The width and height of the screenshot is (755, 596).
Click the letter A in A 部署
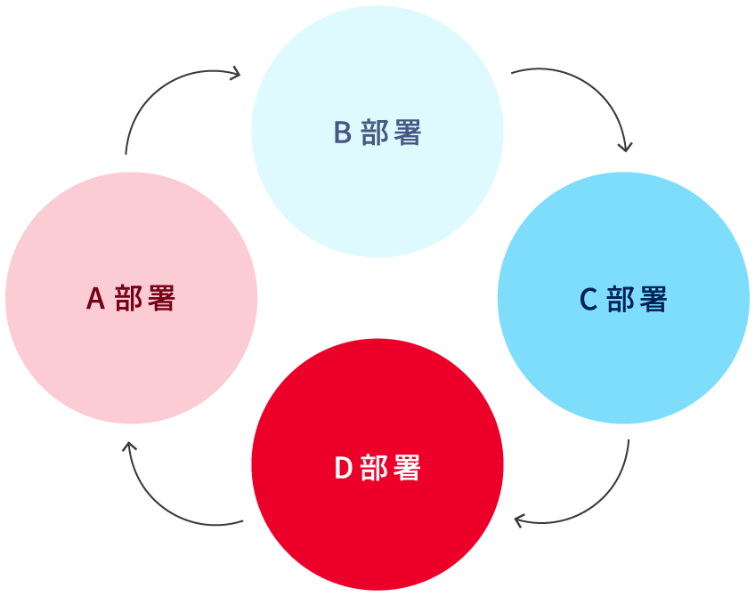pyautogui.click(x=96, y=299)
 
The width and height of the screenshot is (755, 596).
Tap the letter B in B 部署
pyautogui.click(x=343, y=133)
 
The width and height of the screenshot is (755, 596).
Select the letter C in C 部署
pyautogui.click(x=589, y=300)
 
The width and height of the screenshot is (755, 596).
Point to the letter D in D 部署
pyautogui.click(x=343, y=468)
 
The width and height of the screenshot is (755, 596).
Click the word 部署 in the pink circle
pyautogui.click(x=145, y=299)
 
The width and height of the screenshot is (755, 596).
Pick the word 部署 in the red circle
pyautogui.click(x=391, y=468)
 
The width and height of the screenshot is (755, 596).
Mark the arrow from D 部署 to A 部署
pyautogui.click(x=157, y=503)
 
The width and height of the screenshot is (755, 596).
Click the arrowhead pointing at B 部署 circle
pyautogui.click(x=236, y=72)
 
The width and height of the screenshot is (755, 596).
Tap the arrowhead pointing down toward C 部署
pyautogui.click(x=626, y=146)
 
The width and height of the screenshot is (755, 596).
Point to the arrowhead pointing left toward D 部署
pyautogui.click(x=520, y=519)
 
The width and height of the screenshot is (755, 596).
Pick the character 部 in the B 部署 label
pyautogui.click(x=376, y=133)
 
